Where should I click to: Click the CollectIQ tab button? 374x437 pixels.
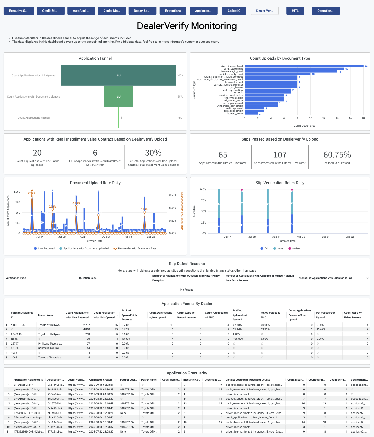(x=234, y=11)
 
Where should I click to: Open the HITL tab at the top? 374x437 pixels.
(x=295, y=11)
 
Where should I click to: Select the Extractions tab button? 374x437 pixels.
(x=173, y=11)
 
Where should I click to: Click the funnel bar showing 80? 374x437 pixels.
(x=118, y=75)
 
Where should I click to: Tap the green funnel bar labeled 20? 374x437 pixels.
(x=118, y=96)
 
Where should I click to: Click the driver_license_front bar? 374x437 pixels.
(x=304, y=66)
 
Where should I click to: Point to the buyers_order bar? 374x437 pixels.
(x=251, y=114)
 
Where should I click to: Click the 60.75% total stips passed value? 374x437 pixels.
(x=337, y=155)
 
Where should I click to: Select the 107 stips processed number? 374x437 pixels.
(x=280, y=155)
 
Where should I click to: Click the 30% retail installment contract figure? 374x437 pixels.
(x=153, y=153)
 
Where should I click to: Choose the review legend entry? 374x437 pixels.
(x=296, y=248)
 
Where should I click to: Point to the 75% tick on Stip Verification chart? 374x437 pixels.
(x=203, y=200)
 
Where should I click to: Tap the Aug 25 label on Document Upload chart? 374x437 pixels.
(x=106, y=237)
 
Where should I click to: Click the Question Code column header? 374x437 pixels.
(x=88, y=278)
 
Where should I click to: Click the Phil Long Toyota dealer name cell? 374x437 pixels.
(x=50, y=344)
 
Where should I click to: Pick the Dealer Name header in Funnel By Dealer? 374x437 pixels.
(x=46, y=315)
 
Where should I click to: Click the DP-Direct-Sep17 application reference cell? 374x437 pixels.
(x=23, y=385)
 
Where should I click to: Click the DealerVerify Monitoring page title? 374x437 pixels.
(x=187, y=26)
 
